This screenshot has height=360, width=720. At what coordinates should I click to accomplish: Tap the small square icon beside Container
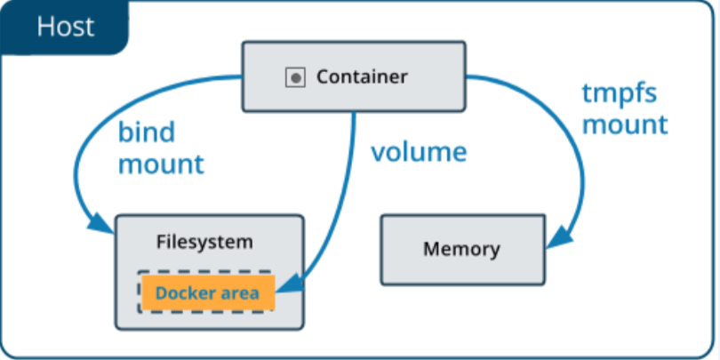click(294, 78)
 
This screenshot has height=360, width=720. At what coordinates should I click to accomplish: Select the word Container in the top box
click(362, 77)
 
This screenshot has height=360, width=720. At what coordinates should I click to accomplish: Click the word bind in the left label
click(147, 132)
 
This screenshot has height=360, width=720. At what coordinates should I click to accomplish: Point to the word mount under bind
click(161, 164)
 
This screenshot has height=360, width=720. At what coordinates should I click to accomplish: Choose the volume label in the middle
click(419, 152)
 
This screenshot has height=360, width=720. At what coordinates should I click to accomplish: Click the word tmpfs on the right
click(617, 93)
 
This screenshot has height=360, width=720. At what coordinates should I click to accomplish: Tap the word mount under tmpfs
click(624, 124)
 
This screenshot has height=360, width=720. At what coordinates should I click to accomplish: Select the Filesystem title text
click(204, 241)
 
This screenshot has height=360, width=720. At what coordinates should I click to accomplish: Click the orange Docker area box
click(207, 292)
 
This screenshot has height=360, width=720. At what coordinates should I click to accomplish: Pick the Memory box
click(461, 249)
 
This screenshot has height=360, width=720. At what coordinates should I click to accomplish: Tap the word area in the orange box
click(237, 292)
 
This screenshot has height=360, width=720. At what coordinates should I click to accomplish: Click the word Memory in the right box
click(461, 249)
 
